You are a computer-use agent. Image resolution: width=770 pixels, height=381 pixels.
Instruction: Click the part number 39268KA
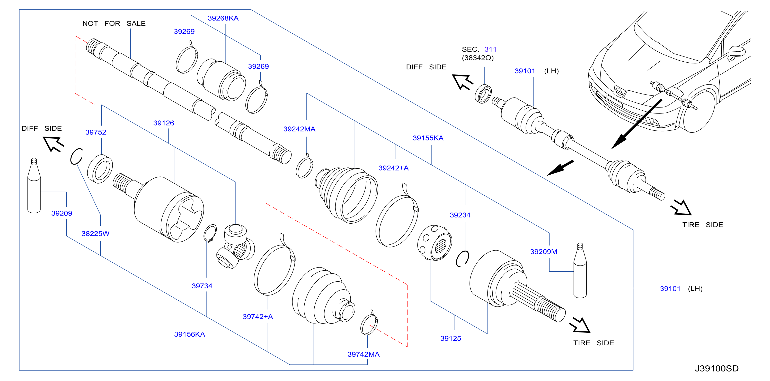point(223,18)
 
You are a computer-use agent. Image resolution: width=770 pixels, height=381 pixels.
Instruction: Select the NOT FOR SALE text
point(114,24)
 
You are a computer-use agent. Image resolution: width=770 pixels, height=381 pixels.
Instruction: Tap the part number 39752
point(96,132)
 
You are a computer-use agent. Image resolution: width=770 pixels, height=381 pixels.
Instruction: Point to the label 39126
point(164,123)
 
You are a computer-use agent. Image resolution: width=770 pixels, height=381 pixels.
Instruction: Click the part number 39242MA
point(299,129)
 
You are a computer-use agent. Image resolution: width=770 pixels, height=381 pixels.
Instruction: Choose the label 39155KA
point(428,138)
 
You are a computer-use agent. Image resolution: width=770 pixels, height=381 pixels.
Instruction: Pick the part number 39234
point(460,215)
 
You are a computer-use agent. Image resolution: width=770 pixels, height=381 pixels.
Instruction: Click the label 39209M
point(543,252)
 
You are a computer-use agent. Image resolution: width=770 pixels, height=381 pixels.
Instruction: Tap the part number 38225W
point(95,234)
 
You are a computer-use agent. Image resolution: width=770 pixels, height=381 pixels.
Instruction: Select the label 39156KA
point(190,334)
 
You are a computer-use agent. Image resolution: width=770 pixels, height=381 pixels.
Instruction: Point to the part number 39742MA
point(363,354)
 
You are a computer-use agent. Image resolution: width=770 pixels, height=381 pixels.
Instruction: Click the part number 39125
point(450,338)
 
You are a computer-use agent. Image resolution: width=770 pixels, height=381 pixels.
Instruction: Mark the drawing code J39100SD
point(716,368)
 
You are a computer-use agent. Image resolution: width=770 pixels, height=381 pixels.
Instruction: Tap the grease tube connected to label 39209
point(34,186)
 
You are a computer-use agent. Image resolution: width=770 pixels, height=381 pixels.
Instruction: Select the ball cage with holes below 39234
point(435,243)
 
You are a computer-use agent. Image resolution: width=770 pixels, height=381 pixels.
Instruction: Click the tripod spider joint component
point(235,246)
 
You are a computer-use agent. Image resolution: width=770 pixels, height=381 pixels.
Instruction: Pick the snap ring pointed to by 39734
point(210,233)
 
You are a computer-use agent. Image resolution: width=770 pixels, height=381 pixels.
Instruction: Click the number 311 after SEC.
point(490,49)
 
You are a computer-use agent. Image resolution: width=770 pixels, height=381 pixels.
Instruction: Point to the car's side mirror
point(736,52)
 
